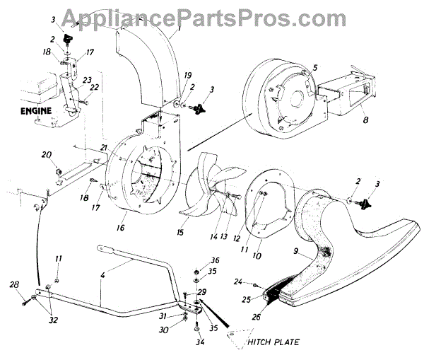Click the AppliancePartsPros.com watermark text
[212, 16]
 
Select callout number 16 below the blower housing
[120, 228]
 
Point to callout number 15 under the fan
[181, 231]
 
